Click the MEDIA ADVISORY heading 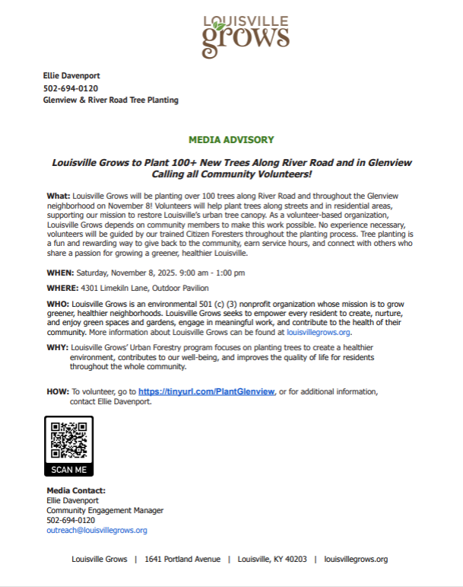(x=231, y=140)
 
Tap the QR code (x=69, y=440)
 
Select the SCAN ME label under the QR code (x=69, y=470)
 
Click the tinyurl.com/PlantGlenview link (x=206, y=391)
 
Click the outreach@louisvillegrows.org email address (x=97, y=531)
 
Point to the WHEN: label (x=60, y=273)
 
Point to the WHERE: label (x=63, y=289)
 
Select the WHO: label (x=59, y=304)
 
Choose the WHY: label (x=58, y=347)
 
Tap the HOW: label (x=58, y=391)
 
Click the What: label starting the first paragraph (x=59, y=196)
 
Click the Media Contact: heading (x=76, y=490)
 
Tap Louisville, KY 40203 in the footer (x=272, y=559)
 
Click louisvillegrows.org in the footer (x=356, y=559)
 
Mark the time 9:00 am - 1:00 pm (x=207, y=273)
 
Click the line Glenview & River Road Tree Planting (x=111, y=100)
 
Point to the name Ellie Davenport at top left (x=71, y=76)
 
